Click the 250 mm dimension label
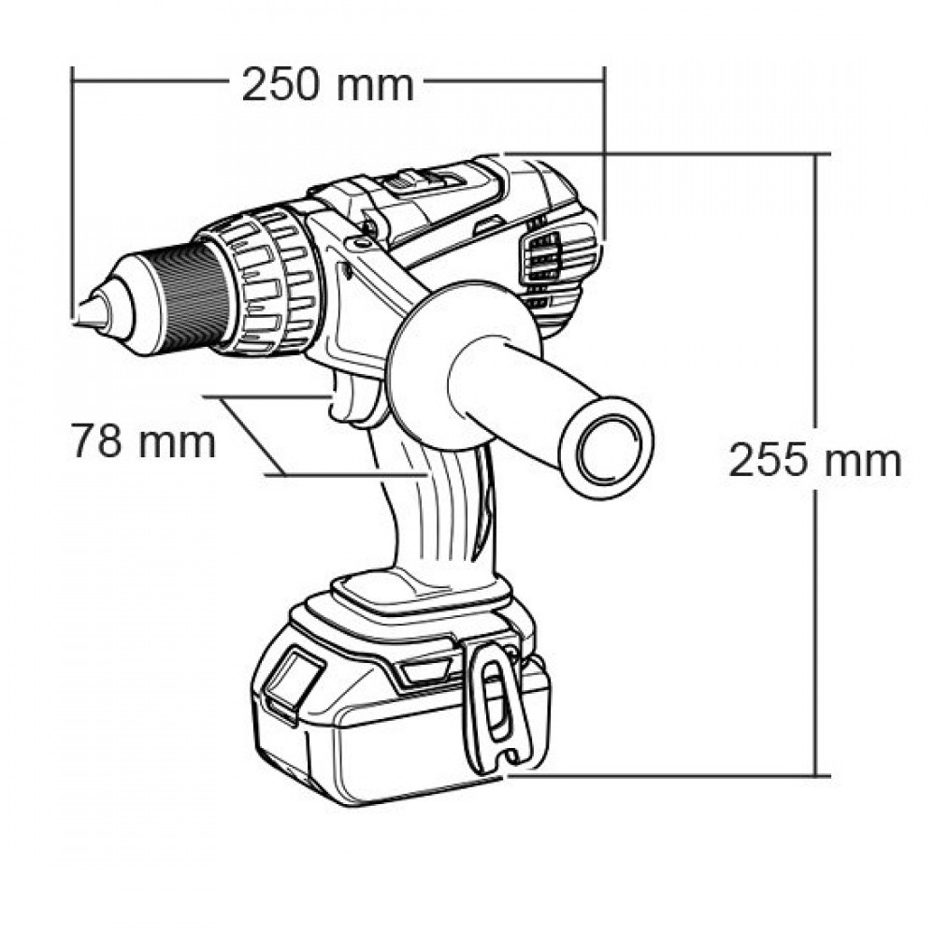[327, 85]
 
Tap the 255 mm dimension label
[814, 460]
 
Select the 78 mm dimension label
[143, 441]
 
